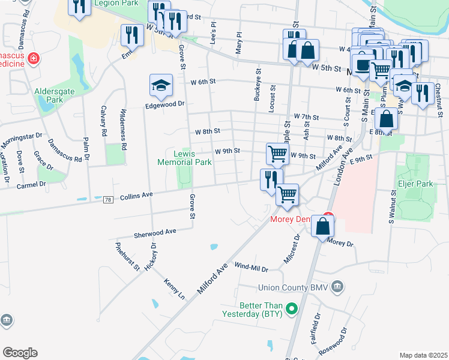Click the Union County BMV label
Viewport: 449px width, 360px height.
(x=294, y=287)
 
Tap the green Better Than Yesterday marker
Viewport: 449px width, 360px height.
(x=292, y=310)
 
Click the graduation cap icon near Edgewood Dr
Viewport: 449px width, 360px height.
(x=161, y=85)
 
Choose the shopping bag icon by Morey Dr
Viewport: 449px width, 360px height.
(x=323, y=227)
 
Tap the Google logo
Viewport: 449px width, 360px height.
(x=19, y=353)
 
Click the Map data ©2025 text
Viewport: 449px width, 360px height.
(x=424, y=355)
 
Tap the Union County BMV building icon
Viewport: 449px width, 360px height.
(x=338, y=287)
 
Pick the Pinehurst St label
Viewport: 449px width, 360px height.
(x=128, y=256)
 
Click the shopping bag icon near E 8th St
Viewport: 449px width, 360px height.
(x=387, y=118)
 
